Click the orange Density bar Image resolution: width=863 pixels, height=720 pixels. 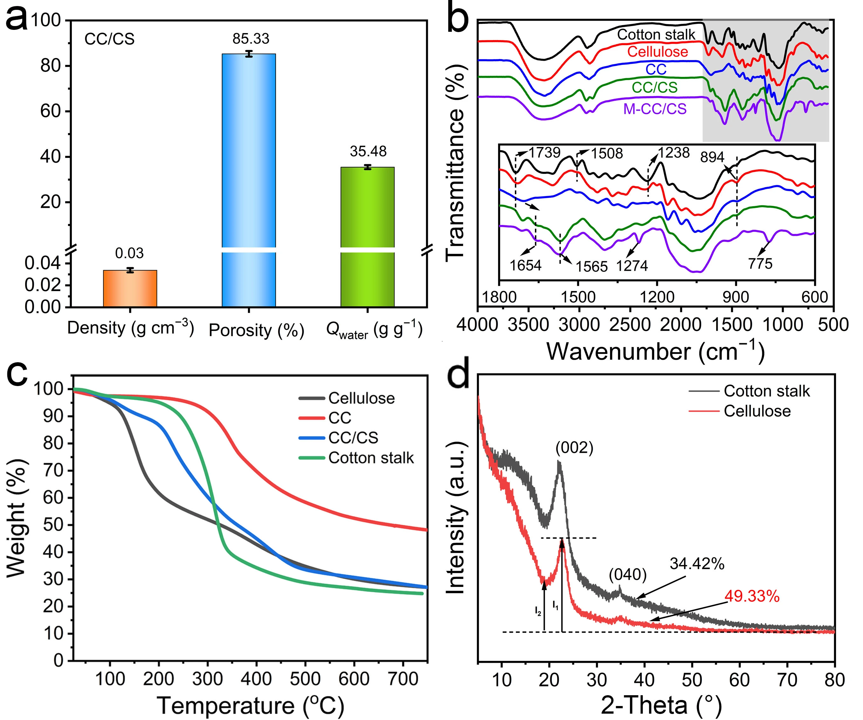pyautogui.click(x=130, y=288)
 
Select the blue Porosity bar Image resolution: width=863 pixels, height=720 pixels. pyautogui.click(x=249, y=180)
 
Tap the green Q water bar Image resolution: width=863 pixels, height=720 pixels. pyautogui.click(x=367, y=237)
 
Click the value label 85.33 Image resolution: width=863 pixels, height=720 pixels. pyautogui.click(x=251, y=39)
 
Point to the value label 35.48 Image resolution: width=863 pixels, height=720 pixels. pyautogui.click(x=368, y=152)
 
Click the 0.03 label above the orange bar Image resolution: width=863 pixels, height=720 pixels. pyautogui.click(x=129, y=254)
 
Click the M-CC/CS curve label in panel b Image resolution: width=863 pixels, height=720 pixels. pyautogui.click(x=655, y=109)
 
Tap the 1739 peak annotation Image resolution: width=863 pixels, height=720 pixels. pyautogui.click(x=545, y=153)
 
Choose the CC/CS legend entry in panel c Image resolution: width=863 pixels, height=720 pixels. pyautogui.click(x=353, y=438)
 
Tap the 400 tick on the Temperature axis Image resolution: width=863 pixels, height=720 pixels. pyautogui.click(x=256, y=679)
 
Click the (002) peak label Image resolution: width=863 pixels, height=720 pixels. pyautogui.click(x=574, y=448)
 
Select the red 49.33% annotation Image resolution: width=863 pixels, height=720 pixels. pyautogui.click(x=752, y=596)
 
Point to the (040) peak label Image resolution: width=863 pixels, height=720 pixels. pyautogui.click(x=628, y=574)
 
